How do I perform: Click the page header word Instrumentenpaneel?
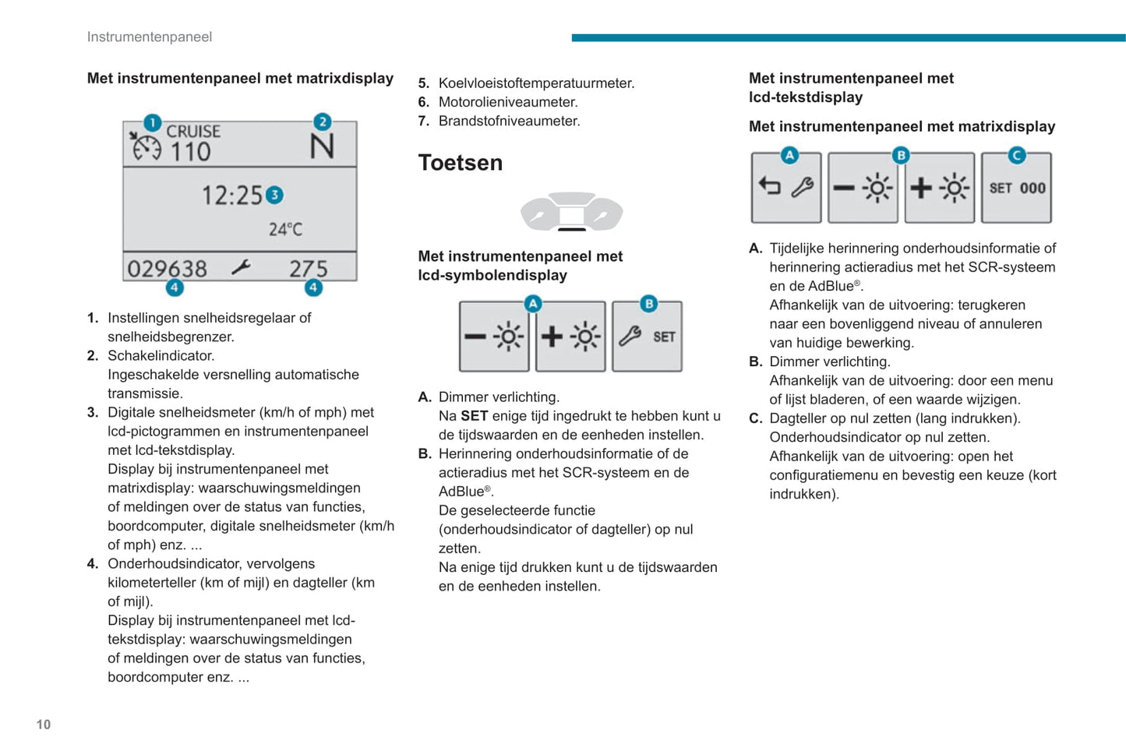pos(149,37)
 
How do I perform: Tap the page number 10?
pos(44,725)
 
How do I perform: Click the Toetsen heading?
pos(460,163)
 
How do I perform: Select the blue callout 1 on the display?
pos(152,122)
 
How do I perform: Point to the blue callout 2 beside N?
pos(322,122)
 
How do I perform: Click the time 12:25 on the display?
pos(232,195)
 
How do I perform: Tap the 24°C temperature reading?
pos(285,229)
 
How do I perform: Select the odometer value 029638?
pos(167,269)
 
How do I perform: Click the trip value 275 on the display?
pos(308,269)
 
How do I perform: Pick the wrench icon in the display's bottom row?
pos(241,268)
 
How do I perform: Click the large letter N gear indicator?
pos(321,146)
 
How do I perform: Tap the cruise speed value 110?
pos(191,151)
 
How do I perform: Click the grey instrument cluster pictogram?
pos(571,212)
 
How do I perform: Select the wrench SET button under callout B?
pos(647,337)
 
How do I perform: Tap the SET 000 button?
pos(1016,188)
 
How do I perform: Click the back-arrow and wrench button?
pos(785,188)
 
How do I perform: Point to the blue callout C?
pos(1016,156)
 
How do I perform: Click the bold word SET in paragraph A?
pos(474,416)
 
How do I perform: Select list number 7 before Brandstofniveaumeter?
pos(423,121)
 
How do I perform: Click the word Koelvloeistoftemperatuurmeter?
pos(536,83)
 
